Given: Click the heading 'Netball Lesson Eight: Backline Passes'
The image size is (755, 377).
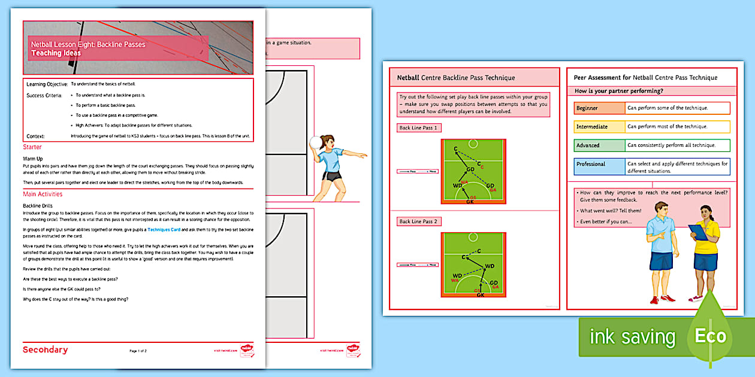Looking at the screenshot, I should (x=87, y=44).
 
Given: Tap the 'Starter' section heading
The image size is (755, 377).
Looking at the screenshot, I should (x=32, y=147).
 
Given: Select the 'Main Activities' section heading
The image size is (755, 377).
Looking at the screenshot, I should (x=43, y=194).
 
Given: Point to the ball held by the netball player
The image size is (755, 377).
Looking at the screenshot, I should (x=316, y=141).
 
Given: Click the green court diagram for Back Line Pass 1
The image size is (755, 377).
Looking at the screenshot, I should (x=473, y=172).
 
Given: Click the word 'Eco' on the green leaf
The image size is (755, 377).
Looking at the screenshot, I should (x=710, y=336).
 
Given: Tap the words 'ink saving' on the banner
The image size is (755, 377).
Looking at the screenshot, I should (x=632, y=337).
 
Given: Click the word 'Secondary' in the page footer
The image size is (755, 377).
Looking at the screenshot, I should (x=46, y=350).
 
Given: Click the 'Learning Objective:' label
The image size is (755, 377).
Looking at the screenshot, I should (x=47, y=85).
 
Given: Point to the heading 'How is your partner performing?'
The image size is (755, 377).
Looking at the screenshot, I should (x=618, y=91).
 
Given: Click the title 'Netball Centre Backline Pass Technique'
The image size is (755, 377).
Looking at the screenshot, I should (x=456, y=78).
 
